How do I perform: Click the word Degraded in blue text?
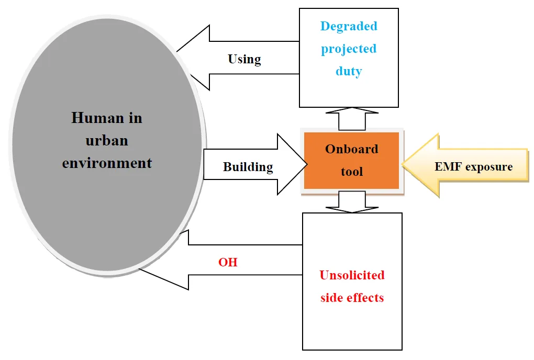click(x=349, y=26)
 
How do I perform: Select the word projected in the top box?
click(x=349, y=49)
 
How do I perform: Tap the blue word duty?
click(x=349, y=71)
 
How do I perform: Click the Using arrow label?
click(x=244, y=59)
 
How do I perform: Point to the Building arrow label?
click(x=248, y=167)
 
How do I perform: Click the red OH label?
click(x=228, y=262)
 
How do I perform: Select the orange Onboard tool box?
click(x=351, y=161)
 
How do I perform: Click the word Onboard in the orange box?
click(x=351, y=149)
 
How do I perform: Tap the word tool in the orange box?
click(x=351, y=172)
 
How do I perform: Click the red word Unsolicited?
click(x=352, y=275)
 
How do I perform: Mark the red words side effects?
click(x=352, y=298)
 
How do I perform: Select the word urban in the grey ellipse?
click(x=107, y=140)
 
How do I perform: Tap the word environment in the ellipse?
click(x=107, y=163)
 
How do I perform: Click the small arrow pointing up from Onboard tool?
click(x=351, y=118)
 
